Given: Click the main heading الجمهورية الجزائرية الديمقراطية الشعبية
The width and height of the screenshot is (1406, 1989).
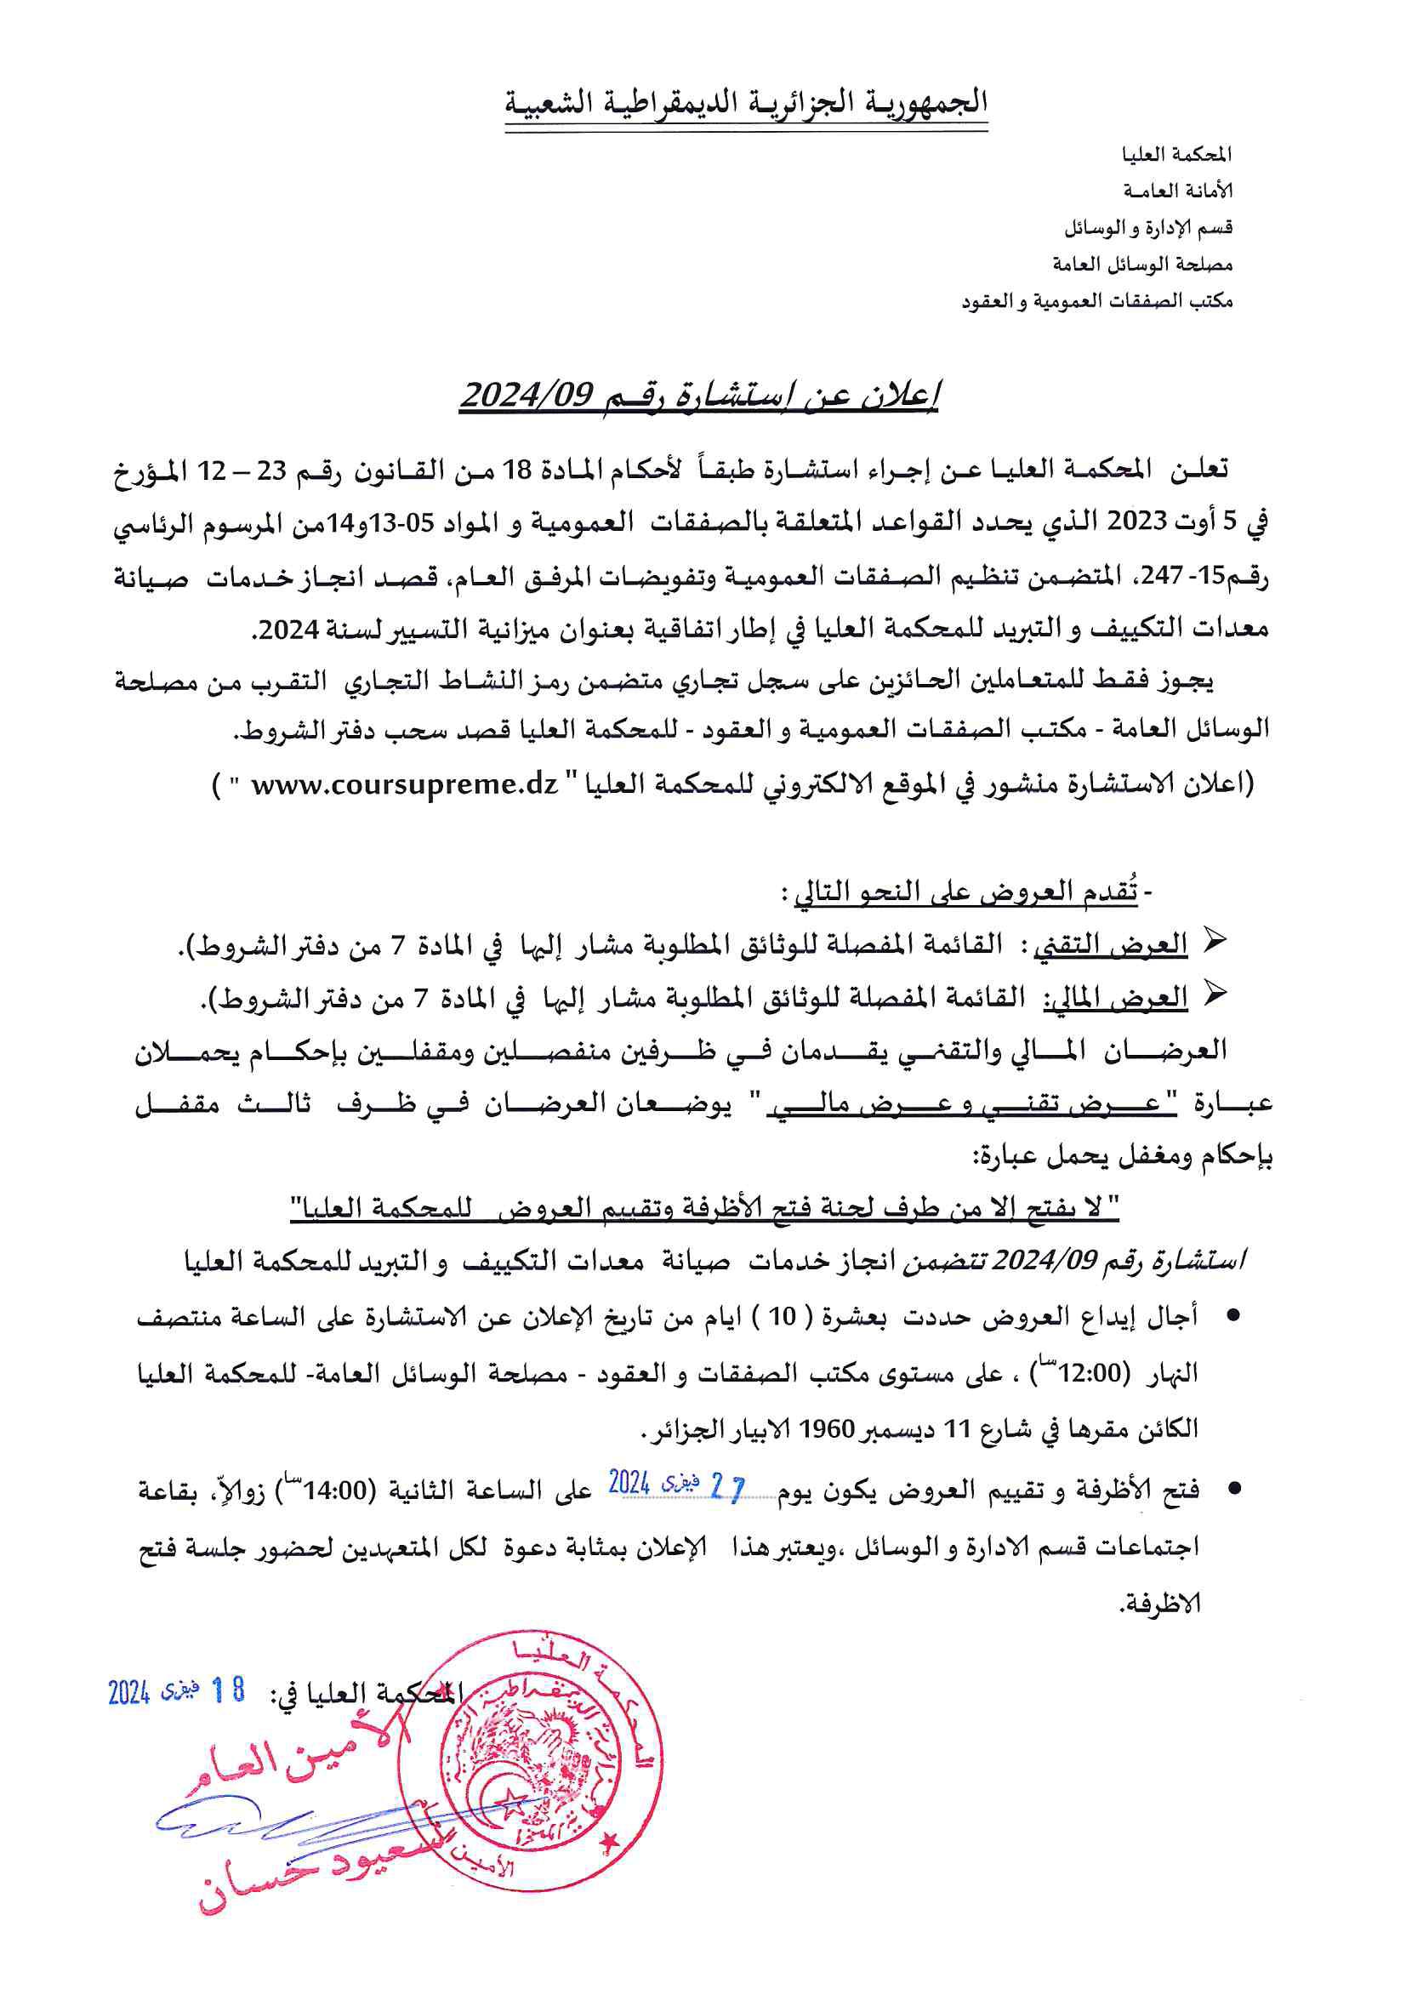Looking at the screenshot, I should tap(747, 103).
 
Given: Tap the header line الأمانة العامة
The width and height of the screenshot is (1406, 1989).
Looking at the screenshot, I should tap(1177, 191).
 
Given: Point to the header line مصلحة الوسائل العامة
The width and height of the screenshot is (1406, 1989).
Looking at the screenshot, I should tap(1141, 265).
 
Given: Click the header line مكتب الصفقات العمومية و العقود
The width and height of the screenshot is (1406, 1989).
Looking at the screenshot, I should tap(1096, 301).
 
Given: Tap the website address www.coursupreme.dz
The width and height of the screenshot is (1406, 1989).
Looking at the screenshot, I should tap(405, 785).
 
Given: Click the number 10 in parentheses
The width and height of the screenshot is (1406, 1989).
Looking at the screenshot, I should tap(782, 1317).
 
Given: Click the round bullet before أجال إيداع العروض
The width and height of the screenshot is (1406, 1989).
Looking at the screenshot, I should tap(1233, 1317).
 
